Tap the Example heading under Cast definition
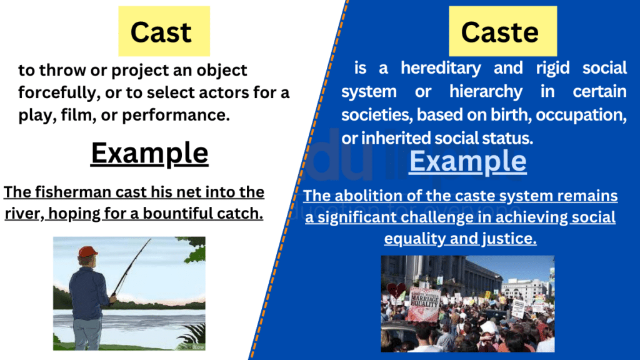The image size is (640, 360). pos(149,153)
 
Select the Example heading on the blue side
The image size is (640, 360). pos(467,161)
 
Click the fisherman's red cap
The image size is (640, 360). pos(87,251)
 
